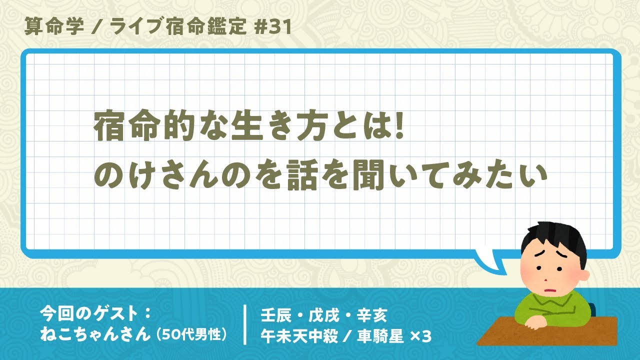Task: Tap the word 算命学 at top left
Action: click(x=54, y=26)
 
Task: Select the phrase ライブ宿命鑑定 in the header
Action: click(x=177, y=26)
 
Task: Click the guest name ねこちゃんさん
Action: click(x=95, y=334)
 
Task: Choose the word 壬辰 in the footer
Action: click(x=276, y=315)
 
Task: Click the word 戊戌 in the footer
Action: click(x=324, y=315)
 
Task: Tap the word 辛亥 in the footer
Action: click(x=372, y=315)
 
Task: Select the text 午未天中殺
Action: click(x=299, y=336)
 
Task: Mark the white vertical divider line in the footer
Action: click(x=245, y=325)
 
